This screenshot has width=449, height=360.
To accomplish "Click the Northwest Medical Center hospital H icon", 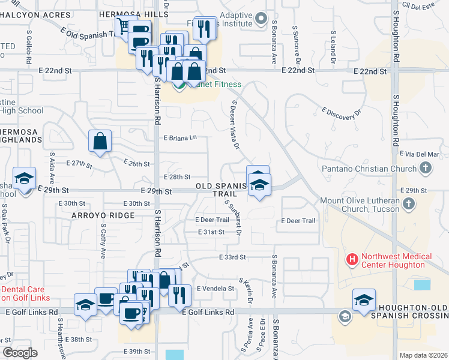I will point(352,260).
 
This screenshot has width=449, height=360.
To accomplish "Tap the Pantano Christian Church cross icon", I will point(426,169).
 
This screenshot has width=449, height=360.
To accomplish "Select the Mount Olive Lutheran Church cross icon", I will point(408,204).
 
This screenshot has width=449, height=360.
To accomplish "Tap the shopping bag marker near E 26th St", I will point(100,142).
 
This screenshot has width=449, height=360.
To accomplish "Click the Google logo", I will point(19,353).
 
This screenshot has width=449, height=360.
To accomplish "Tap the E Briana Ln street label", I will point(181,137).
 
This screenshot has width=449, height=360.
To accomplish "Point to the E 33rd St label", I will point(232,257).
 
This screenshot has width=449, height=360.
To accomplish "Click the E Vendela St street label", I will point(215,289).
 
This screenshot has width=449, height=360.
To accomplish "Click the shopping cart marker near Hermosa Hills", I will point(124,26).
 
